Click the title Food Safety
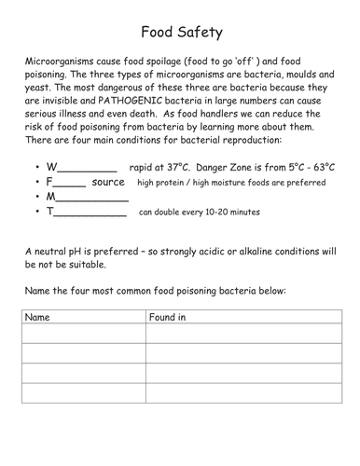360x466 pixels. coord(181,34)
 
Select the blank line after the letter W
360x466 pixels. coord(88,170)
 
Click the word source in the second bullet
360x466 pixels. coord(108,183)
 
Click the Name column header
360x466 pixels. coord(37,317)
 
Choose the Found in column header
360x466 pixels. coord(168,317)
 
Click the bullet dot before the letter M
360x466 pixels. coord(35,199)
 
